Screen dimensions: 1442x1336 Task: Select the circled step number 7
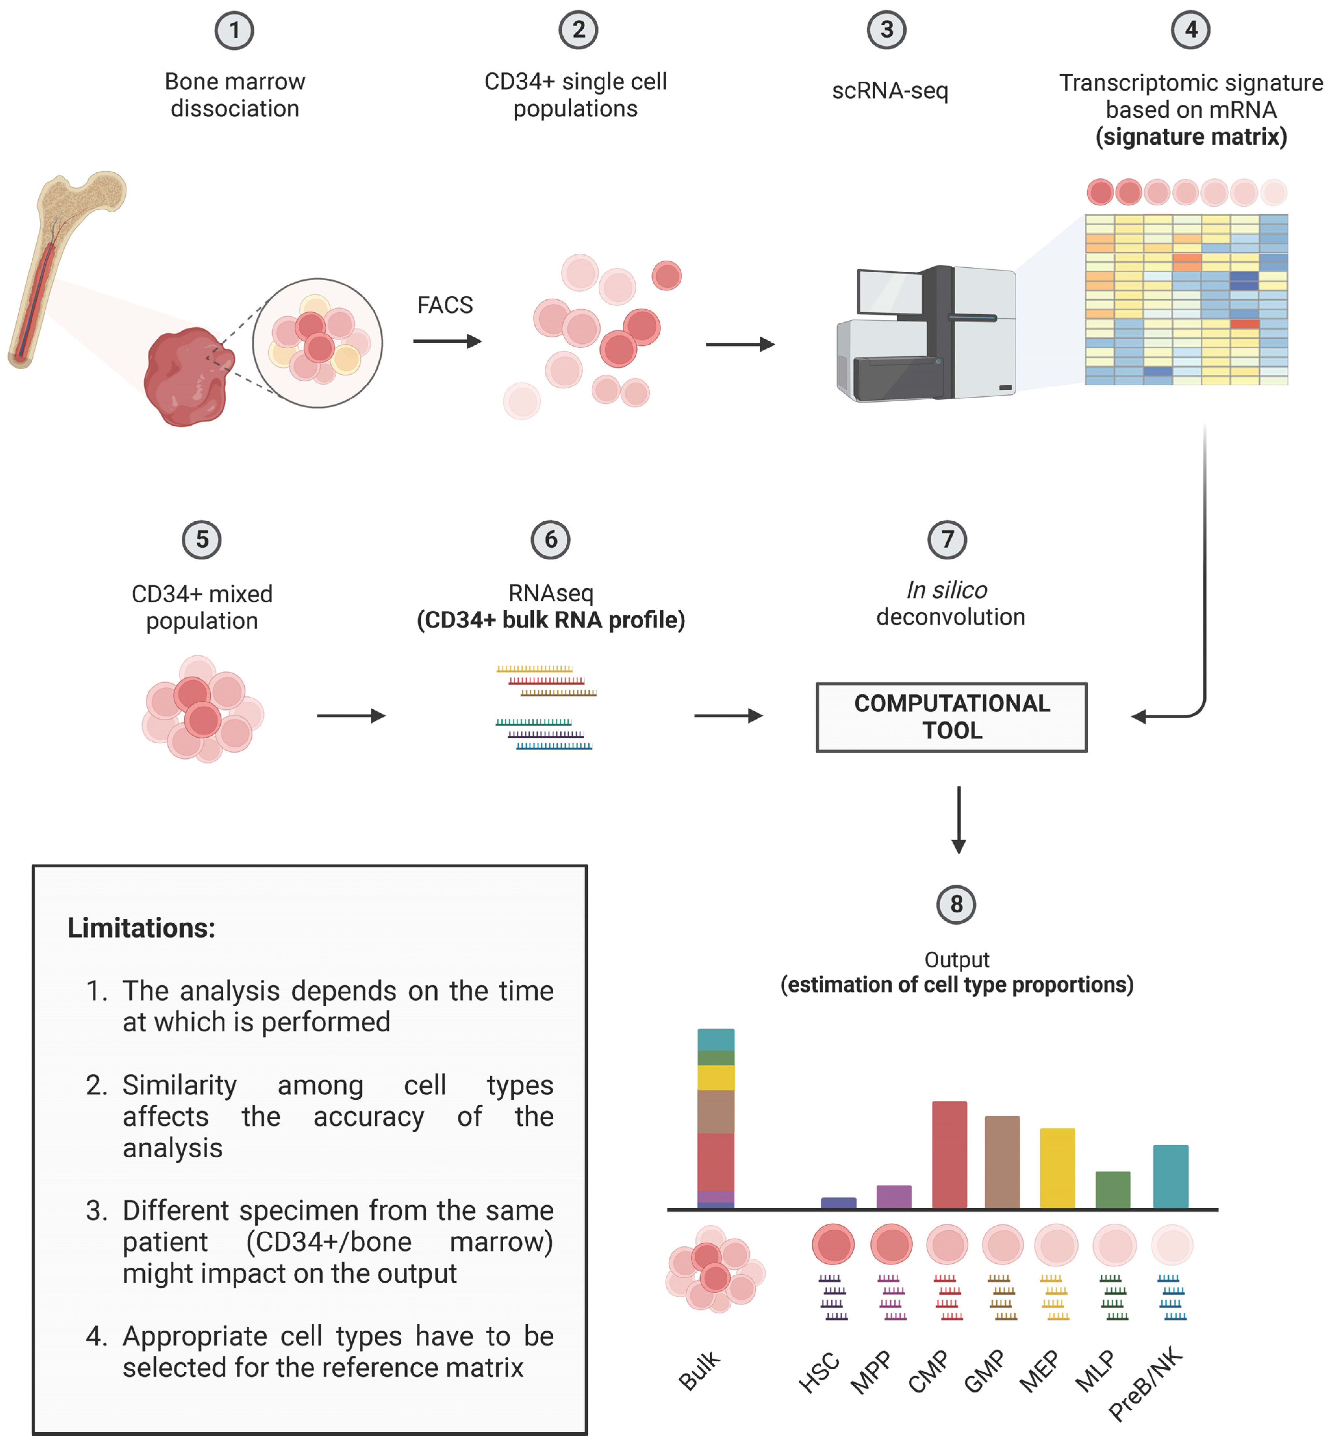point(947,539)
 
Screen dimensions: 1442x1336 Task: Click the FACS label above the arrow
point(445,305)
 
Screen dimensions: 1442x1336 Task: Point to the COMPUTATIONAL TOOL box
point(951,717)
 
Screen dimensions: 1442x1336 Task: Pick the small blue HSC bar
point(839,1203)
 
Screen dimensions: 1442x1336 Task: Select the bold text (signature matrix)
point(1191,137)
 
